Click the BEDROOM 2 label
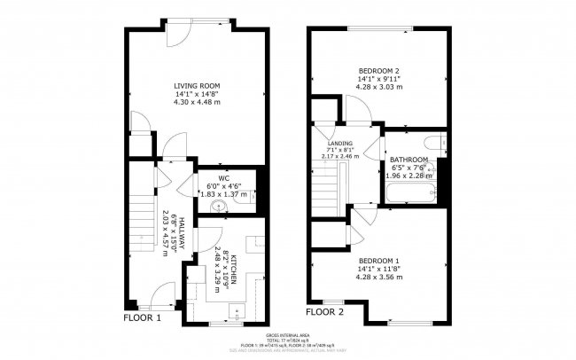pyautogui.click(x=380, y=70)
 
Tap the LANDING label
pyautogui.click(x=340, y=144)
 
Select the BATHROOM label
pyautogui.click(x=409, y=160)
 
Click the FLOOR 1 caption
pyautogui.click(x=142, y=317)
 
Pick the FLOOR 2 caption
pyautogui.click(x=324, y=312)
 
